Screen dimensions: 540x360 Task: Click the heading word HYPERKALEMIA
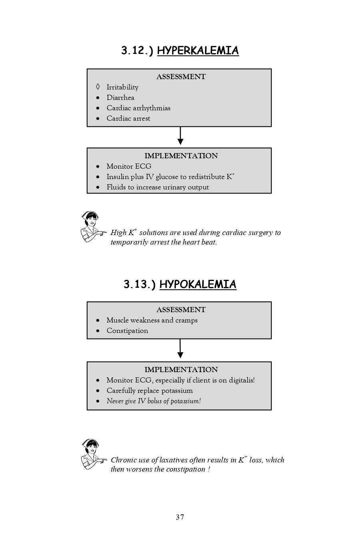(x=198, y=51)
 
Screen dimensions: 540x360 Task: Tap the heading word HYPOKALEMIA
(x=198, y=284)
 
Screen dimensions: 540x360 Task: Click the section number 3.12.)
(x=137, y=51)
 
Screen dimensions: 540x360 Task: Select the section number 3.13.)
(x=139, y=284)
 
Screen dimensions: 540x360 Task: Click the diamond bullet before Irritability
(x=98, y=87)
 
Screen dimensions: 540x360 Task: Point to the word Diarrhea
(x=120, y=98)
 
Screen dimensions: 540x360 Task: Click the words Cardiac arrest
(x=128, y=118)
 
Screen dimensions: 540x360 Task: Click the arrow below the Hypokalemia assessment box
(x=180, y=349)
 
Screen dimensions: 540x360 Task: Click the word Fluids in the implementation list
(x=116, y=187)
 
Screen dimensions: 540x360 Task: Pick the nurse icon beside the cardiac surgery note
(x=92, y=227)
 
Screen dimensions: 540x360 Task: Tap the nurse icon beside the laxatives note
(x=92, y=454)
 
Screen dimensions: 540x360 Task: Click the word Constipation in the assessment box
(x=127, y=331)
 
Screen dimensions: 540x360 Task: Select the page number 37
(x=180, y=517)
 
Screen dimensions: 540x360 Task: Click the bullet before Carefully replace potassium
(x=98, y=391)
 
